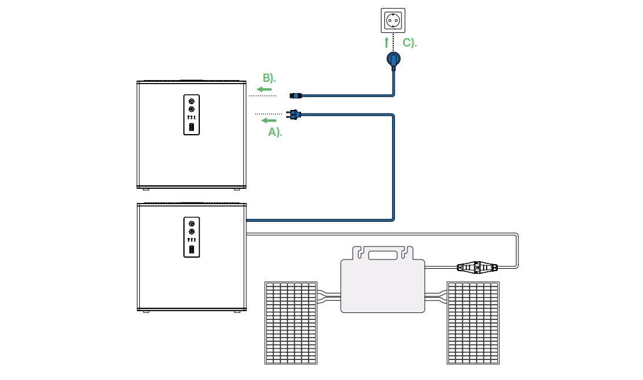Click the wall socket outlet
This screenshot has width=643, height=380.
click(x=393, y=21)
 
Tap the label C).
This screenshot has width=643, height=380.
click(x=410, y=43)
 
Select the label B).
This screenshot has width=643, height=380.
click(x=269, y=78)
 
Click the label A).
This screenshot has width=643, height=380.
click(x=275, y=132)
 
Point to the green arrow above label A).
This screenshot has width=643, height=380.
click(x=268, y=121)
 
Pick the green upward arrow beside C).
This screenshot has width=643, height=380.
click(x=386, y=42)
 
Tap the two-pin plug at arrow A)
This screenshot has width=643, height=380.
click(x=293, y=114)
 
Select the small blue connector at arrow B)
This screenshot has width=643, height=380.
click(x=295, y=95)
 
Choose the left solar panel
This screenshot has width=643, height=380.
click(x=291, y=323)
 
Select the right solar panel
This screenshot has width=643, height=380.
click(x=473, y=323)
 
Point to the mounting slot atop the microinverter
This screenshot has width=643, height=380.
click(x=382, y=255)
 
